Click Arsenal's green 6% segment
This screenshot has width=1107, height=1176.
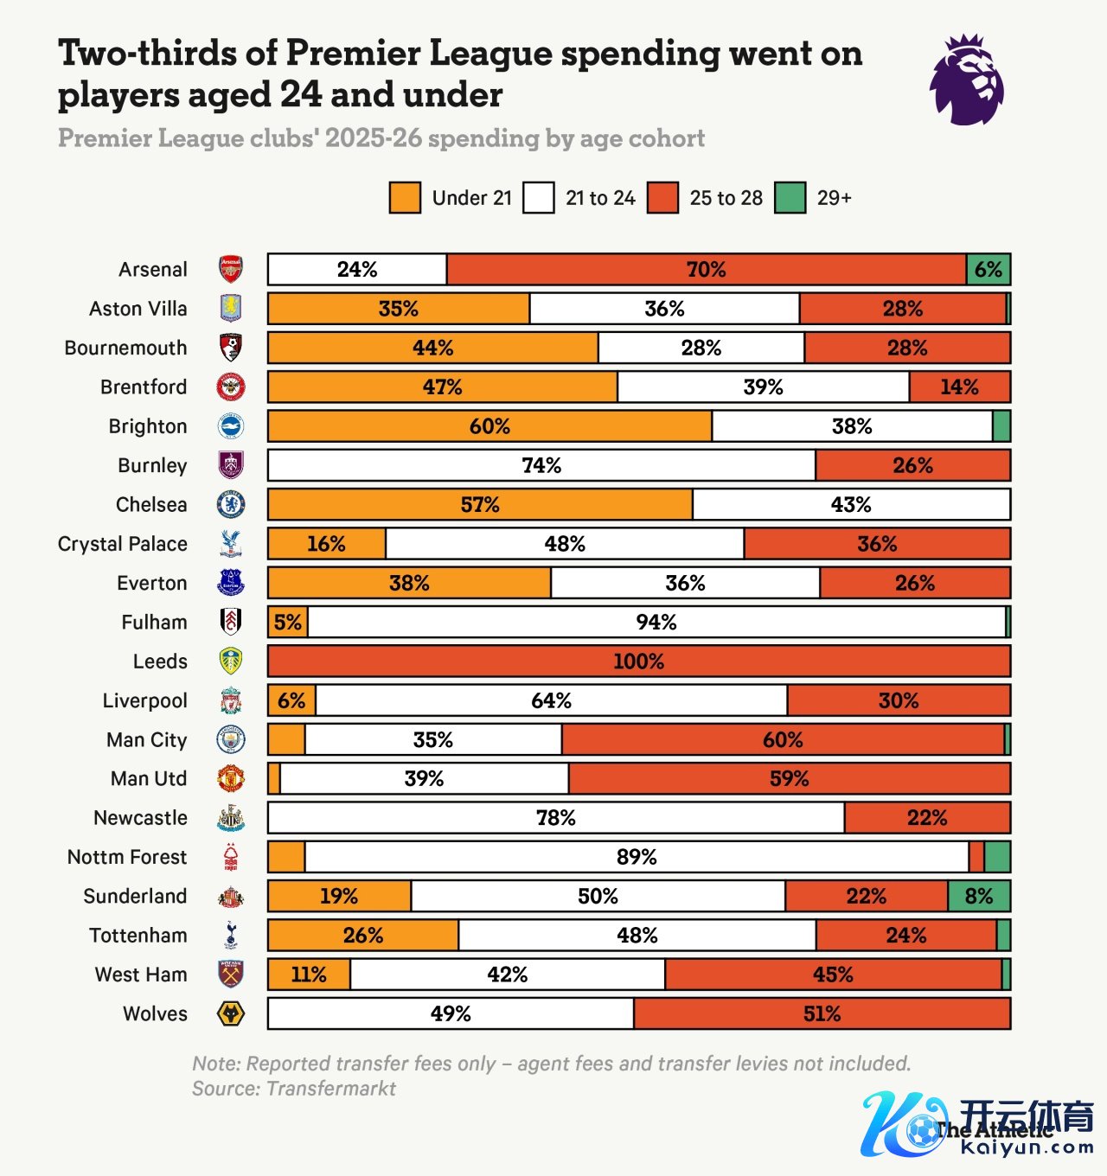(989, 270)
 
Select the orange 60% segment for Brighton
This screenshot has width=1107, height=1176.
(490, 426)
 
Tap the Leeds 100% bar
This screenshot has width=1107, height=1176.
(638, 661)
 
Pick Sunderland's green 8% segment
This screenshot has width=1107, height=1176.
(979, 896)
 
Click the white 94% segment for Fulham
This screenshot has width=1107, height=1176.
(656, 623)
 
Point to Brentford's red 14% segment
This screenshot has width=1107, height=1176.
(959, 387)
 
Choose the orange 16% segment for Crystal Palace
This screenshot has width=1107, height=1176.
(326, 544)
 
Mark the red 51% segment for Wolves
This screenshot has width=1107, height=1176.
(822, 1013)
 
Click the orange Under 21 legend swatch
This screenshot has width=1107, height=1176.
(405, 198)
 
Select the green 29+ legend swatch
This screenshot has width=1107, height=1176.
(790, 198)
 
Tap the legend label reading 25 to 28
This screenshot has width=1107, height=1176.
(726, 198)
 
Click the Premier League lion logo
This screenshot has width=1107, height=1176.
(966, 80)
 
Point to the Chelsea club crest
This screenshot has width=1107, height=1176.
(231, 505)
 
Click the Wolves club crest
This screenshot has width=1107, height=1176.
(231, 1013)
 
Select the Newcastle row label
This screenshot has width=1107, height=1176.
(140, 818)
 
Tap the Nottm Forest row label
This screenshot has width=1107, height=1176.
(127, 857)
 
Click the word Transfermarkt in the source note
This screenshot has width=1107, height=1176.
(331, 1089)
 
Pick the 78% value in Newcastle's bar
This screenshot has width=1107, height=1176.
(555, 818)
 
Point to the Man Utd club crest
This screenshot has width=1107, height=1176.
(231, 779)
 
